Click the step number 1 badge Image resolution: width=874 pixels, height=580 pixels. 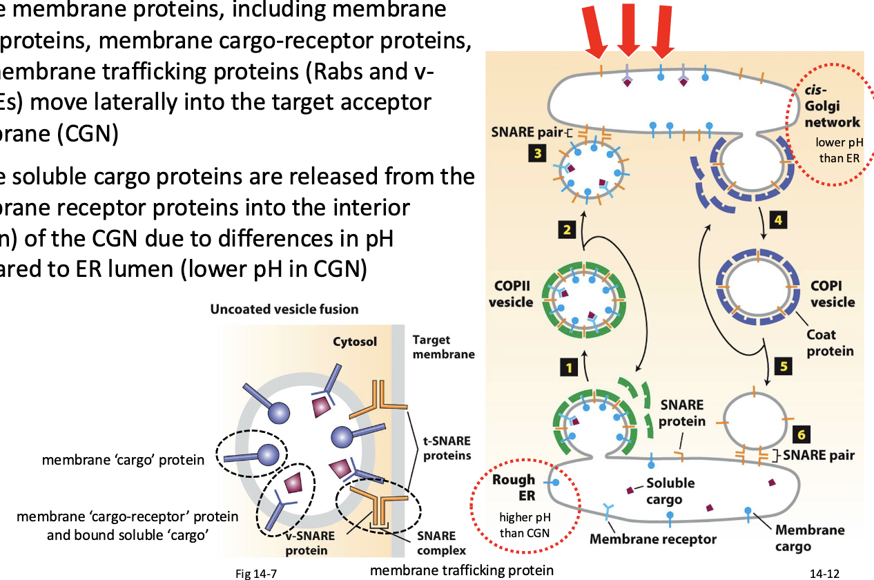click(568, 368)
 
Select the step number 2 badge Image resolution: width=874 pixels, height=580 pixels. click(567, 230)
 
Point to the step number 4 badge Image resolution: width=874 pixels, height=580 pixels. click(778, 220)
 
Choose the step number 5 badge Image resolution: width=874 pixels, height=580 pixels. click(783, 367)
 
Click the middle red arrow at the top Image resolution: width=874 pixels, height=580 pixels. click(628, 28)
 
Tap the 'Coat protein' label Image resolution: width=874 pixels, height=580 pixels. click(830, 342)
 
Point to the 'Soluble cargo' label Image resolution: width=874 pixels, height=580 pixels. click(670, 491)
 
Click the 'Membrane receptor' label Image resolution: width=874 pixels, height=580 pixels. click(653, 539)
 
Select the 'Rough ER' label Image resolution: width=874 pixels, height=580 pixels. click(514, 487)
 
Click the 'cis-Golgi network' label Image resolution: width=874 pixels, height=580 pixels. click(832, 107)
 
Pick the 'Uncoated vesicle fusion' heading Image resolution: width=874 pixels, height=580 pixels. click(284, 309)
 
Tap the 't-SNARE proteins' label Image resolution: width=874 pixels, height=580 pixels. click(447, 448)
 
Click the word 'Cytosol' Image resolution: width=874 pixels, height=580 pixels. click(355, 342)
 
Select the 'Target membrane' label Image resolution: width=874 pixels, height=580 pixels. click(443, 347)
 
